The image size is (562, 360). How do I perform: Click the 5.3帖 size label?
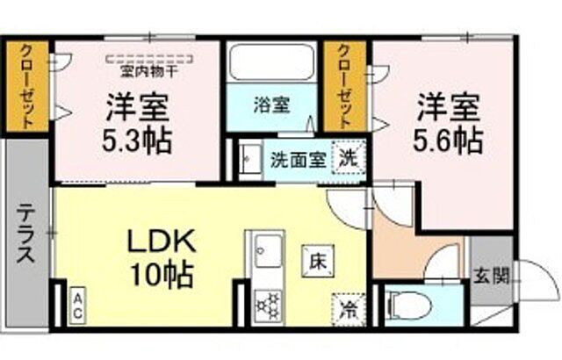click(139, 140)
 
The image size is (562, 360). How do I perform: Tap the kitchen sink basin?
click(264, 252)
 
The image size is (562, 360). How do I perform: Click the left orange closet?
click(27, 88)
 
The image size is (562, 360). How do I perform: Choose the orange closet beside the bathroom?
click(344, 88)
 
